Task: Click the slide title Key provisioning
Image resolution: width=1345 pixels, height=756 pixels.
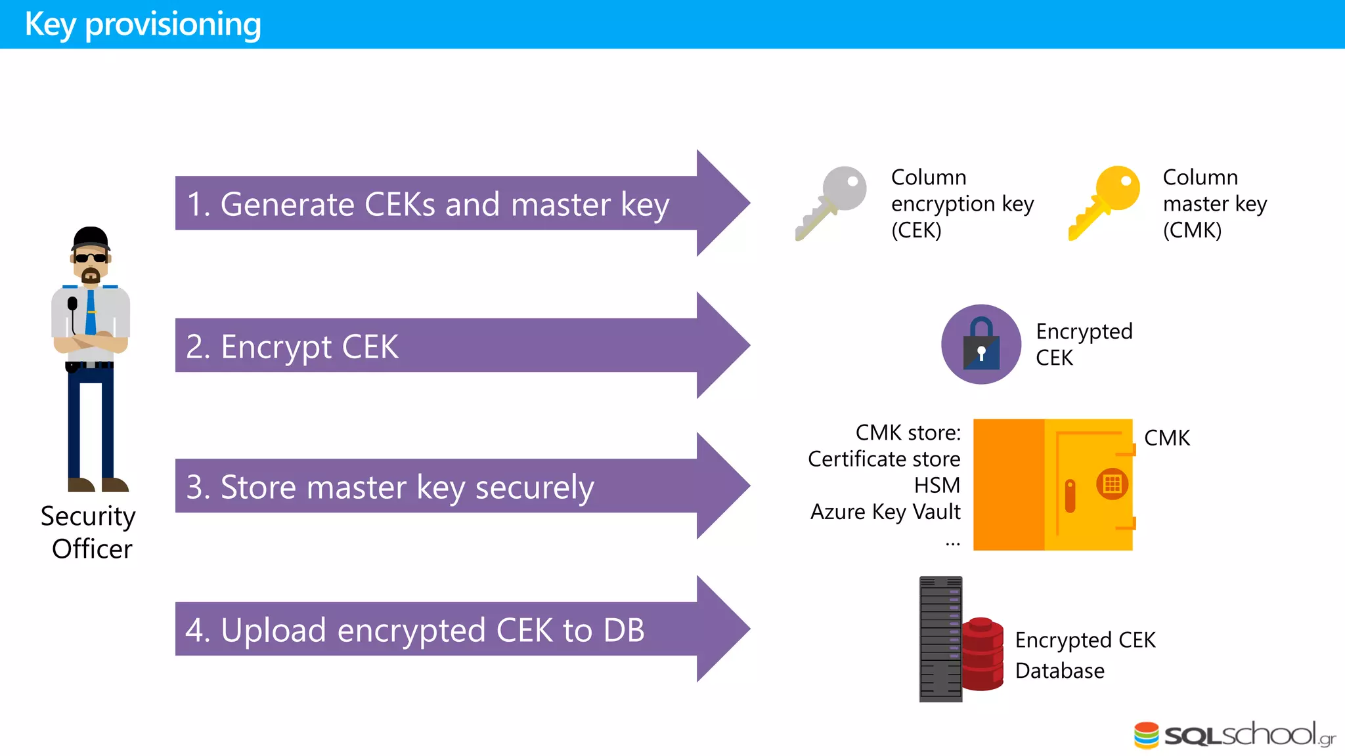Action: (143, 24)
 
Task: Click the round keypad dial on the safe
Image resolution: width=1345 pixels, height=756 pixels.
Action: (1112, 484)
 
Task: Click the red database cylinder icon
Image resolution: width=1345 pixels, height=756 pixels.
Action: (982, 654)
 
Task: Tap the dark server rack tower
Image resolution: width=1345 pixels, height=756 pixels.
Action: (940, 639)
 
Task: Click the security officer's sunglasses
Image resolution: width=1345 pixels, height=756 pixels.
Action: (91, 258)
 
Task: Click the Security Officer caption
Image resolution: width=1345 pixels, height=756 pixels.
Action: (89, 532)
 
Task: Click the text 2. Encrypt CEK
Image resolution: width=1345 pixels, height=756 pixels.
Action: (292, 346)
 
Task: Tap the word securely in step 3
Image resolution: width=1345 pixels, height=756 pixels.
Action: (535, 488)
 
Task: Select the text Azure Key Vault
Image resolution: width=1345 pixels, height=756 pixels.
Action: (885, 511)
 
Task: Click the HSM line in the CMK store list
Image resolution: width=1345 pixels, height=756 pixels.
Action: (937, 485)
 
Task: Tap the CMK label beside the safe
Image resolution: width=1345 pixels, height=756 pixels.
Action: (1166, 438)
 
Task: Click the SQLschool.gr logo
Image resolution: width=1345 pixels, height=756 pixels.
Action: (1235, 735)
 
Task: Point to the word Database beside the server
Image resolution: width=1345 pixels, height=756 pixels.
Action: (1059, 671)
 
